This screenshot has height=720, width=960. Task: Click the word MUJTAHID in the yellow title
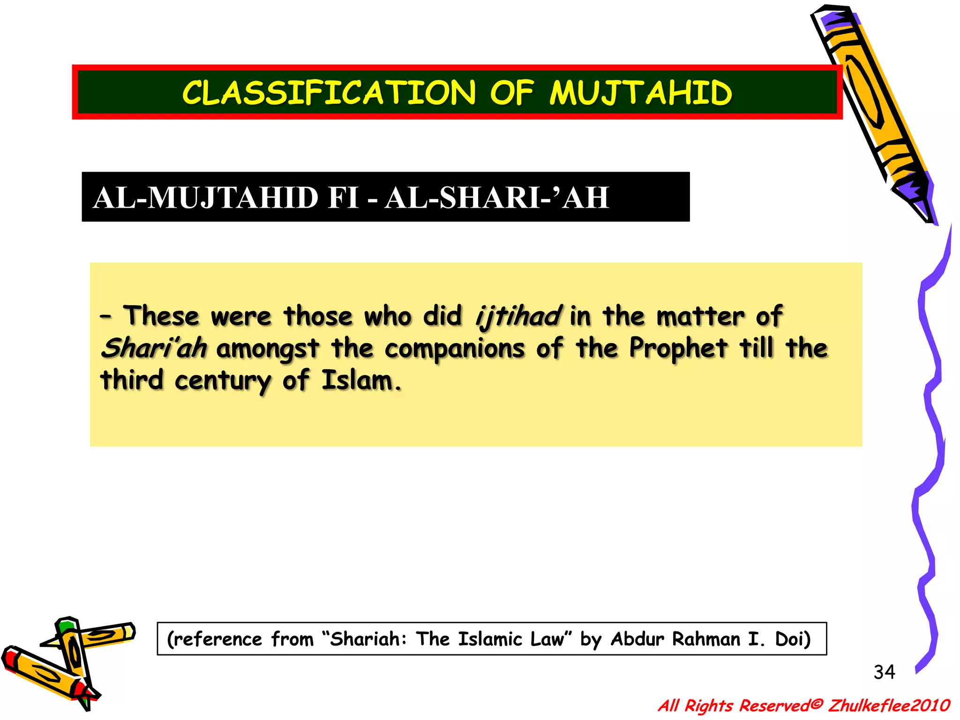tap(640, 93)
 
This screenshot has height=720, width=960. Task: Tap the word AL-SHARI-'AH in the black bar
tap(497, 198)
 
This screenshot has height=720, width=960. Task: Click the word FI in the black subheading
tap(343, 198)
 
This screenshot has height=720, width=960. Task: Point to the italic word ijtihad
tap(517, 316)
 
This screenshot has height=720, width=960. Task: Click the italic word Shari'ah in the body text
tap(154, 348)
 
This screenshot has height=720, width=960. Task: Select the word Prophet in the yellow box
tap(678, 348)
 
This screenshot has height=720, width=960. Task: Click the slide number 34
tap(884, 672)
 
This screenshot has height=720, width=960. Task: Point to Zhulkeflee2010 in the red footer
tap(889, 705)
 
